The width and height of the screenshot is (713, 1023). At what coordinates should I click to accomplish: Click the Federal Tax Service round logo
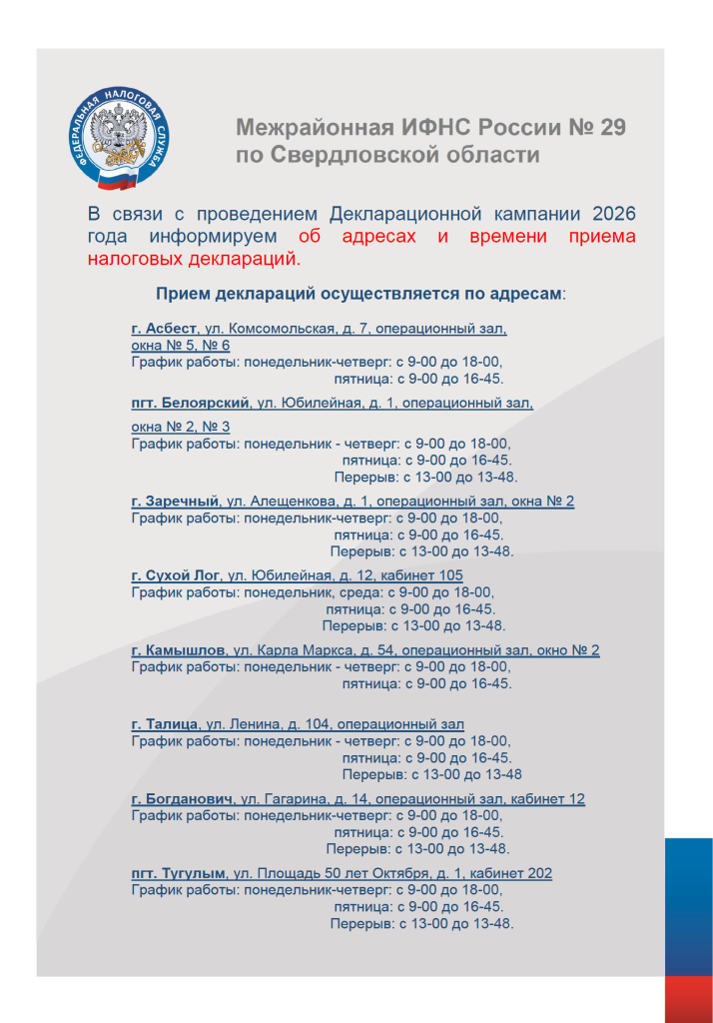(x=119, y=137)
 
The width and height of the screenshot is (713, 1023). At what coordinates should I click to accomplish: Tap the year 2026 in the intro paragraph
(x=613, y=214)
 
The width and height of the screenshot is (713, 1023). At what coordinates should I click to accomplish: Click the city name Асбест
(x=171, y=329)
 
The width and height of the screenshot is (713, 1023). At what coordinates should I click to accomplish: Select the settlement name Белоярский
(x=210, y=404)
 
